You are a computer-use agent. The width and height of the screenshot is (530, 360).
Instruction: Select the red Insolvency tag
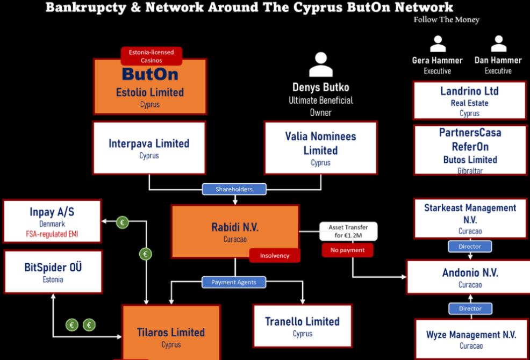tap(274, 256)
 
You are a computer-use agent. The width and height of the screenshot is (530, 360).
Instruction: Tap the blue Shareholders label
tap(234, 189)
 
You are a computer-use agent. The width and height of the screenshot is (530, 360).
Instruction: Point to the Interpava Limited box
tap(149, 148)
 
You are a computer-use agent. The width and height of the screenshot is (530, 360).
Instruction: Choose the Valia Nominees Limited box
tap(320, 148)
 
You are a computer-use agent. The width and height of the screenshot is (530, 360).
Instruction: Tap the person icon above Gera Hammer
tap(439, 45)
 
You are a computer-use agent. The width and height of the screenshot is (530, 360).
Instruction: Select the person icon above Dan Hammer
tap(498, 45)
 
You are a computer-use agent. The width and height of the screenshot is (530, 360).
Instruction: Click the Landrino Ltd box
tap(469, 100)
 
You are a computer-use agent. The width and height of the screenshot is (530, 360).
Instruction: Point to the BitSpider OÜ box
tap(53, 271)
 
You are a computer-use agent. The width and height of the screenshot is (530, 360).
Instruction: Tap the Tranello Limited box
tap(302, 325)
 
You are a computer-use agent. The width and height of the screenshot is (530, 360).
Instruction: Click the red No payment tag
tap(348, 250)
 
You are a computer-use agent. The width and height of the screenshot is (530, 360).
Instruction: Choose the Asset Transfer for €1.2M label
tap(348, 231)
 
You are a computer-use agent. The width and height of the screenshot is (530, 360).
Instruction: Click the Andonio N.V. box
tap(470, 277)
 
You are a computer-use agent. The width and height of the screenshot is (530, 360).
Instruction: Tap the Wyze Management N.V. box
tap(471, 339)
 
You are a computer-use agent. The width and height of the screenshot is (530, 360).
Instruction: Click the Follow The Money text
tap(446, 20)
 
